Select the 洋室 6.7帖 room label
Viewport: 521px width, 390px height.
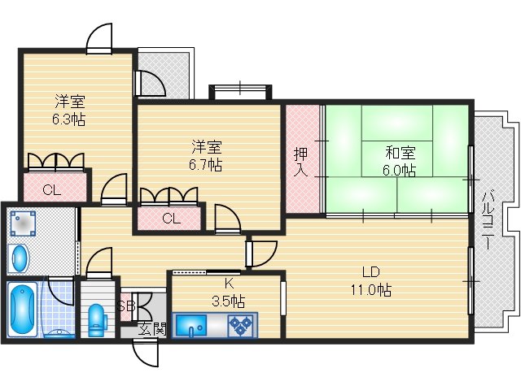207,155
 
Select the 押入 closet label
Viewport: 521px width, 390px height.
300,160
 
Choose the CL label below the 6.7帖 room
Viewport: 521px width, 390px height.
170,218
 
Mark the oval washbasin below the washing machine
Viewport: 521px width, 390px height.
20,259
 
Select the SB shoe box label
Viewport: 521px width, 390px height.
125,306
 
